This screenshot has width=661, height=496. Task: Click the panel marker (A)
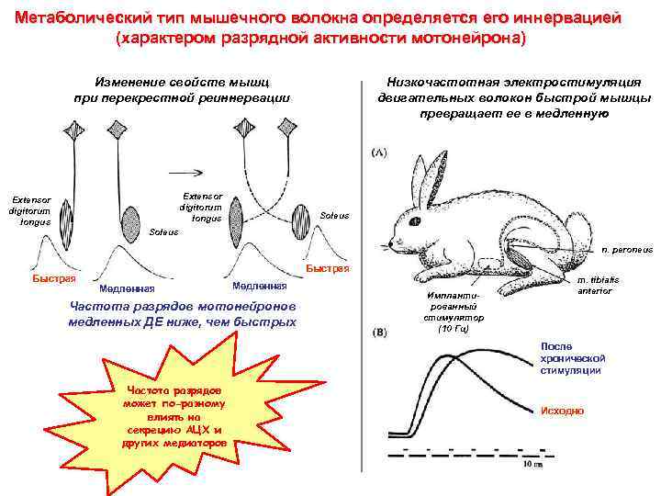tap(378, 152)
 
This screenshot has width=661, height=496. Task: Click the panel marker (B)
tap(378, 333)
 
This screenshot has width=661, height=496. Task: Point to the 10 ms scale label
tap(521, 464)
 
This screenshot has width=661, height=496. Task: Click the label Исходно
tap(562, 411)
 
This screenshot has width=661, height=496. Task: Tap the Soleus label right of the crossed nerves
tap(334, 216)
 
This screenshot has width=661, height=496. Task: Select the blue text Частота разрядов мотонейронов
tap(182, 307)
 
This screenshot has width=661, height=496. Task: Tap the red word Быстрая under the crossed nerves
tap(327, 269)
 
